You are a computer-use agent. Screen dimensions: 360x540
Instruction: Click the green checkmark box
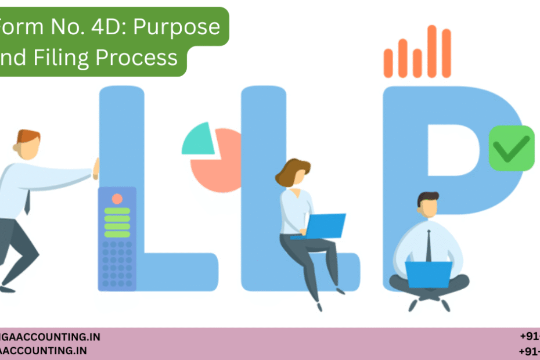[512, 148]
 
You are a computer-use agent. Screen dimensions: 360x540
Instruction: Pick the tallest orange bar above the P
[431, 51]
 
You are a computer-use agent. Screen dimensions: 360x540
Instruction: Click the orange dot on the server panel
[117, 199]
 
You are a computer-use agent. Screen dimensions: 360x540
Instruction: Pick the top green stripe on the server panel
[117, 211]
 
